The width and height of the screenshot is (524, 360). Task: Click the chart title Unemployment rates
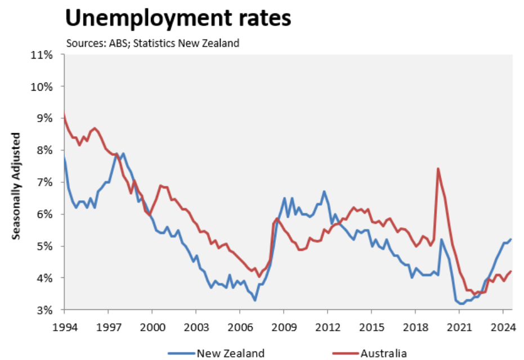178,18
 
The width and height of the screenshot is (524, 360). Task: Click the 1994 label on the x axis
64,326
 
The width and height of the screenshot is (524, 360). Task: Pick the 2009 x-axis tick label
284,326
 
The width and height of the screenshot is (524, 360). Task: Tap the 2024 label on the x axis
503,326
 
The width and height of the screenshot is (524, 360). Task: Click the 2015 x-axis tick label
371,326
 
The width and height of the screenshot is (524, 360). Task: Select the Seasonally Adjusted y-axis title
17,186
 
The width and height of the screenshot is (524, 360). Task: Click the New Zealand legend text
230,353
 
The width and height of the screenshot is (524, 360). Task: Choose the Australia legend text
383,353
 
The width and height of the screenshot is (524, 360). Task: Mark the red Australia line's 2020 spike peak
437,168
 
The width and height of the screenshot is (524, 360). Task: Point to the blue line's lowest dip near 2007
255,300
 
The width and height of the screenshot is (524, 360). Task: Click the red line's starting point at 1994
64,114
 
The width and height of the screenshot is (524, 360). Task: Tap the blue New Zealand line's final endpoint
510,240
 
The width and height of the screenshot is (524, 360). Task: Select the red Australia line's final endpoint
510,272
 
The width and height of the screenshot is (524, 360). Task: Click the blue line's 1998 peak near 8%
123,154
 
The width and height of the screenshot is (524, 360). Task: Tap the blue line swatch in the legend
181,353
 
